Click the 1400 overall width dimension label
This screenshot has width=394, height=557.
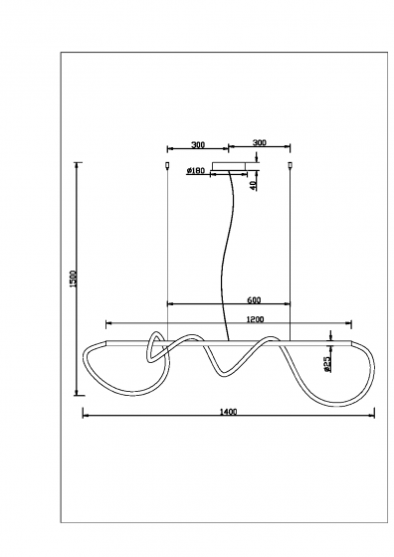coord(228,412)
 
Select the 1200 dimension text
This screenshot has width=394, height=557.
coord(255,319)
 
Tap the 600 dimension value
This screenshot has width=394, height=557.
coord(254,300)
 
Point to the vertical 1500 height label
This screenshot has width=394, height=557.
coord(74,278)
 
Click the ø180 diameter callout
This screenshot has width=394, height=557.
coord(196,170)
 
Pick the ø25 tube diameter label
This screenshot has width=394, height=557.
coord(327,364)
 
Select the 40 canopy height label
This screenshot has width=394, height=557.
coord(253,185)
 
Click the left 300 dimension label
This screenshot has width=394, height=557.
coord(198,145)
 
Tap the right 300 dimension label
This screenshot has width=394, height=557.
coord(260,143)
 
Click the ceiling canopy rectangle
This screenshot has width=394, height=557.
coord(229,167)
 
